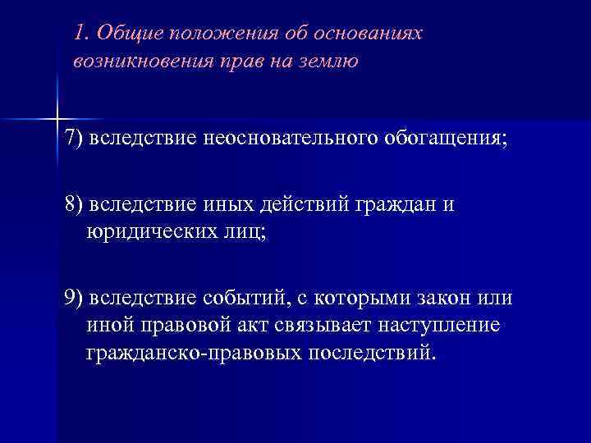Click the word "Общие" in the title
(x=122, y=34)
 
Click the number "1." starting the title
(x=80, y=34)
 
